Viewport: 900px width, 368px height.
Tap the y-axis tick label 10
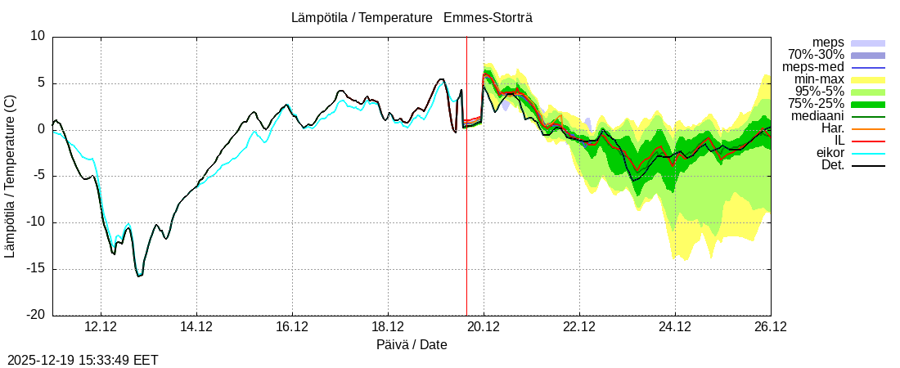tap(38, 36)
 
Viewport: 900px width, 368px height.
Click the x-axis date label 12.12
tap(101, 327)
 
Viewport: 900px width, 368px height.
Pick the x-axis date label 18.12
tap(388, 327)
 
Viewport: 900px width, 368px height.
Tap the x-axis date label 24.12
tap(675, 327)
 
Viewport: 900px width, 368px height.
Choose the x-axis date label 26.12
tap(770, 327)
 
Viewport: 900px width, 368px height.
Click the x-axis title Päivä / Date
tap(412, 344)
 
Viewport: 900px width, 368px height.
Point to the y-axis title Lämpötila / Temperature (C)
tap(10, 176)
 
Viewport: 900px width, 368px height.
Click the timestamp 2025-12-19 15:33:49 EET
tap(83, 360)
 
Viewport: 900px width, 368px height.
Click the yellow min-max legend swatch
tap(868, 79)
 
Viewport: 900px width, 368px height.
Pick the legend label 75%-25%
tap(816, 104)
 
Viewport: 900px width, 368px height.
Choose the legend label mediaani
tap(817, 116)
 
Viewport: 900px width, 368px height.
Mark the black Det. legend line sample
tap(868, 165)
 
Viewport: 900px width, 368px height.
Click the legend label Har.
tap(833, 128)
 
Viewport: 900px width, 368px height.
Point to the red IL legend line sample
tap(868, 141)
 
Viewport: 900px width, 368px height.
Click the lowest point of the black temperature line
tap(139, 276)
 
